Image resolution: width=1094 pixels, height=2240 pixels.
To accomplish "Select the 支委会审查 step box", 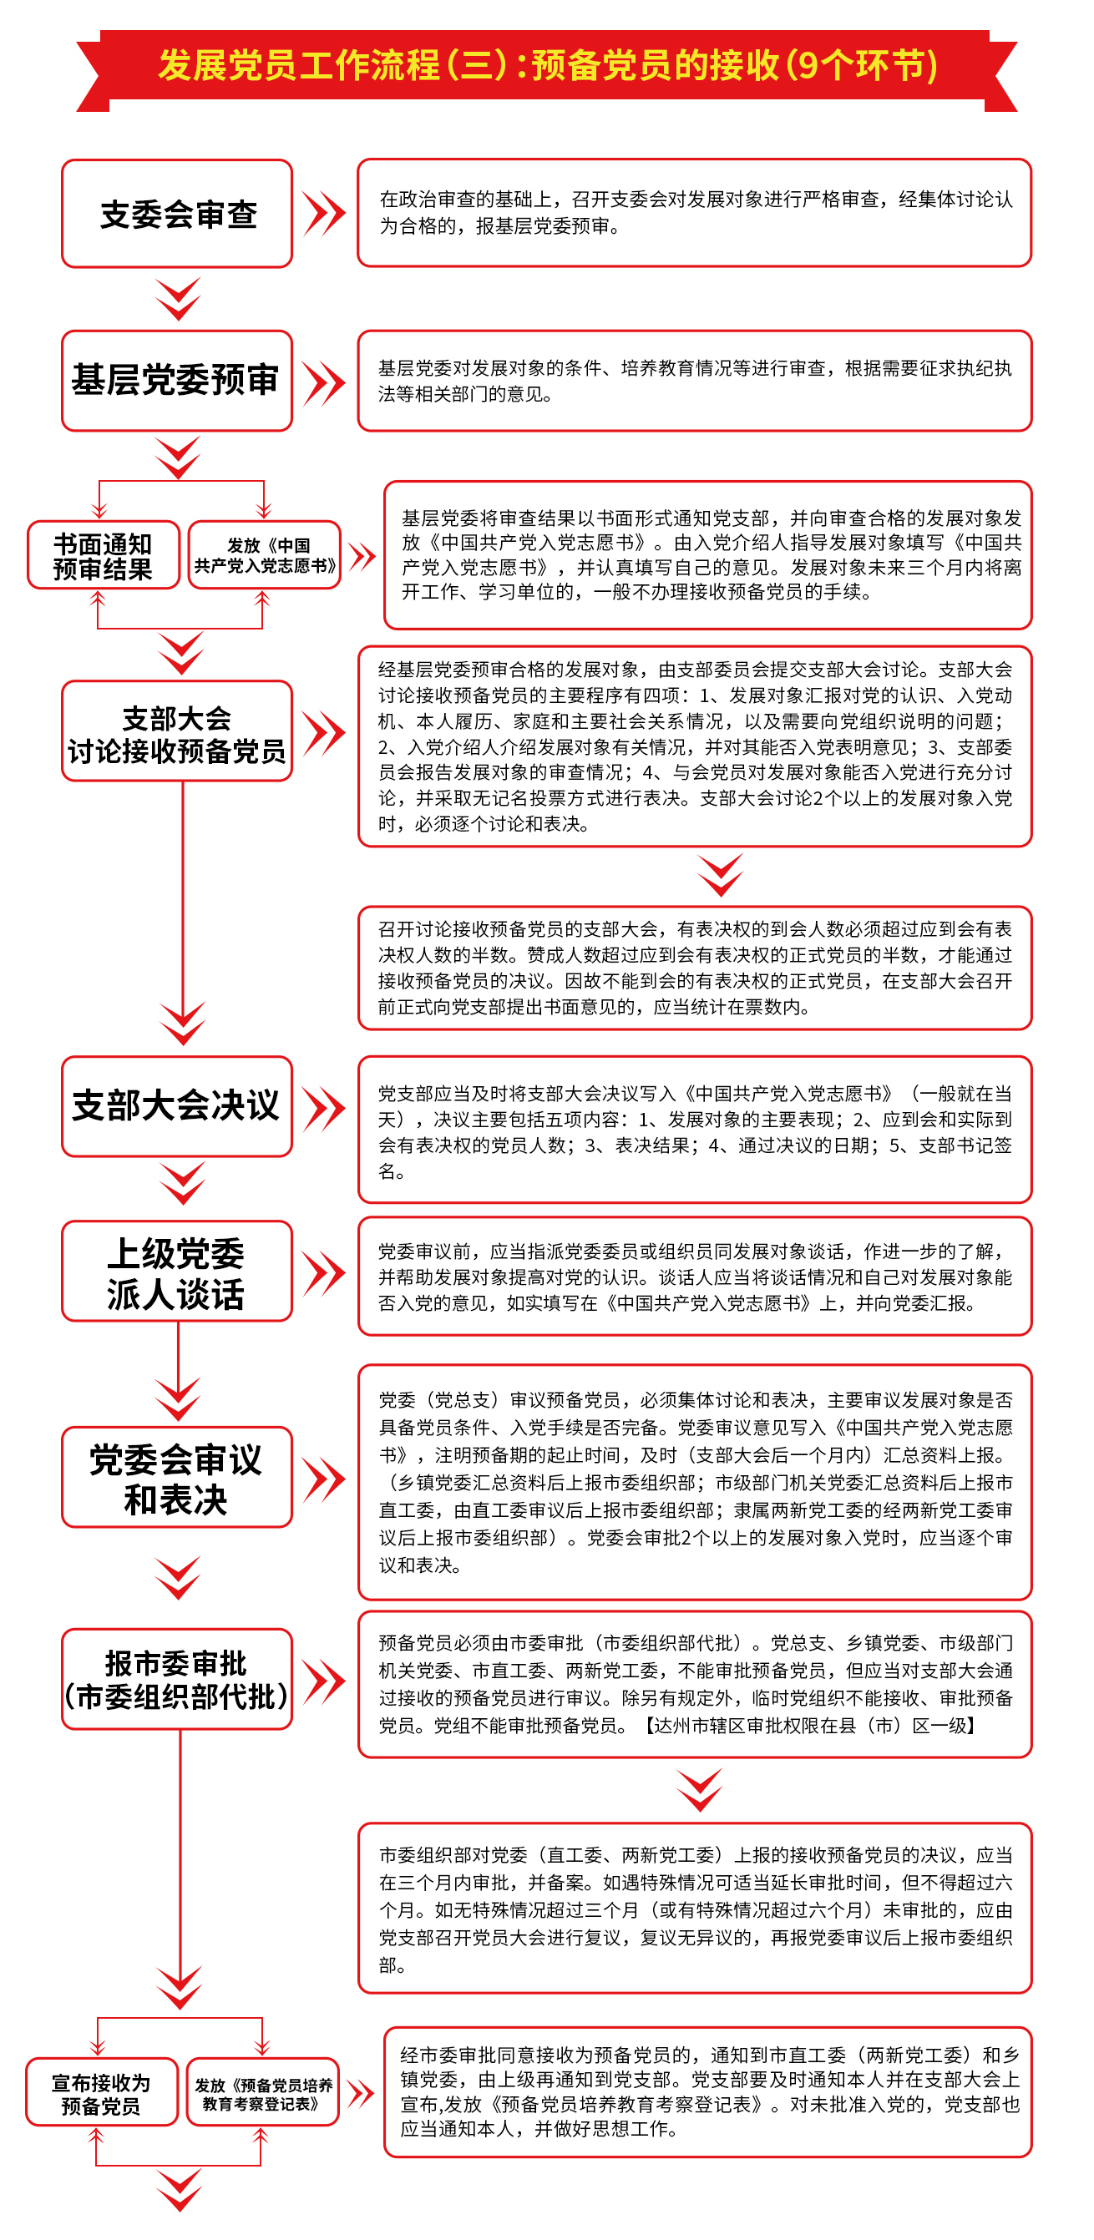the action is pyautogui.click(x=176, y=213).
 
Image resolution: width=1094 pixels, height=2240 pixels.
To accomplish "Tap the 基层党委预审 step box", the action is pyautogui.click(x=176, y=381).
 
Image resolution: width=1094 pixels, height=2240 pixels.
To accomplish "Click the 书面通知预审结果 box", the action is pyautogui.click(x=104, y=555).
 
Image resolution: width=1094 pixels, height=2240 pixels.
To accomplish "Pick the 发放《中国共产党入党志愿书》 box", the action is pyautogui.click(x=265, y=555).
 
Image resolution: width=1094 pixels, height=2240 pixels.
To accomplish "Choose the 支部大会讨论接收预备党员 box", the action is pyautogui.click(x=176, y=731).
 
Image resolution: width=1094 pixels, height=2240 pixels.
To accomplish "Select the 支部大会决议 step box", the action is pyautogui.click(x=176, y=1106).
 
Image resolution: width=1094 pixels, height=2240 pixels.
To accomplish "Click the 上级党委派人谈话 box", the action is pyautogui.click(x=176, y=1272).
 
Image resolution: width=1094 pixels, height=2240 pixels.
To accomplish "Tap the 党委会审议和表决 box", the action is pyautogui.click(x=176, y=1478).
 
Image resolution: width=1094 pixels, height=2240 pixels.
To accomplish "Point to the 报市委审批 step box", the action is pyautogui.click(x=176, y=1679).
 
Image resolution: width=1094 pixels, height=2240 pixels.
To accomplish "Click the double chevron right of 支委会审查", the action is pyautogui.click(x=324, y=214).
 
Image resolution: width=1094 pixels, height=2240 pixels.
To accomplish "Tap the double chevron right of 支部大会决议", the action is pyautogui.click(x=324, y=1109).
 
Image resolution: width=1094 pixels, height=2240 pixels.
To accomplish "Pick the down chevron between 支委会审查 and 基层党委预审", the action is pyautogui.click(x=178, y=299).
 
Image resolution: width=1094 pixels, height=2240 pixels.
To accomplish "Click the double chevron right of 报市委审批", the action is pyautogui.click(x=324, y=1681).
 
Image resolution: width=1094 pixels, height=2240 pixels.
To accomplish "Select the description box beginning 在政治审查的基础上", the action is pyautogui.click(x=695, y=213).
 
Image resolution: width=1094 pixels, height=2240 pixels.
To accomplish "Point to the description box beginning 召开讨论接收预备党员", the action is pyautogui.click(x=695, y=968).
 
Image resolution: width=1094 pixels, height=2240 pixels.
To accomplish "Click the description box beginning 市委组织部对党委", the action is pyautogui.click(x=695, y=1908).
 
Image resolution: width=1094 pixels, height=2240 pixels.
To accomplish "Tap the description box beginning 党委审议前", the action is pyautogui.click(x=695, y=1277).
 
